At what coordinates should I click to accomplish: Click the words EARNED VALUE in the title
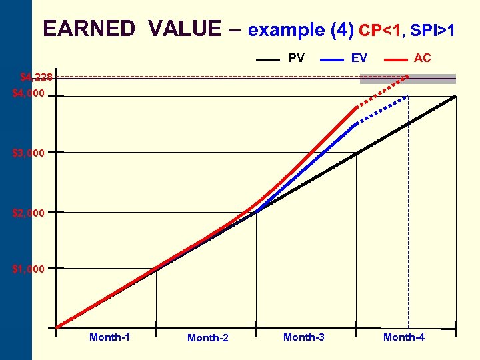point(131,29)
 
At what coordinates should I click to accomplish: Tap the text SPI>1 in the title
point(433,31)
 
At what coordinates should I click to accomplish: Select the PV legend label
point(296,58)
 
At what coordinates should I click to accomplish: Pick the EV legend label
point(359,58)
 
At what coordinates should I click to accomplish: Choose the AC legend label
point(422,58)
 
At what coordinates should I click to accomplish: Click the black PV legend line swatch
point(268,59)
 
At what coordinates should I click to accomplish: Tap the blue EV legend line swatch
point(332,59)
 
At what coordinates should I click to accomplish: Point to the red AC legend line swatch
point(396,59)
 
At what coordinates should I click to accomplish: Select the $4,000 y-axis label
point(29,94)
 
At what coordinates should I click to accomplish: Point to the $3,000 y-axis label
point(29,153)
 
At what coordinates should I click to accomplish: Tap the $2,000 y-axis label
point(29,213)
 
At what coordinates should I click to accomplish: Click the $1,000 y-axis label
point(29,269)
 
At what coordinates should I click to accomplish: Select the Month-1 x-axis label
point(109,337)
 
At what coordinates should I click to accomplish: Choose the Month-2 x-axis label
point(208,338)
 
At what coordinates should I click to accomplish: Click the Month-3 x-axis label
point(304,337)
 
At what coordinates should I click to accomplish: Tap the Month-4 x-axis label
point(404,337)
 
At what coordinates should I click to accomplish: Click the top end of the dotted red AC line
point(407,77)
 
